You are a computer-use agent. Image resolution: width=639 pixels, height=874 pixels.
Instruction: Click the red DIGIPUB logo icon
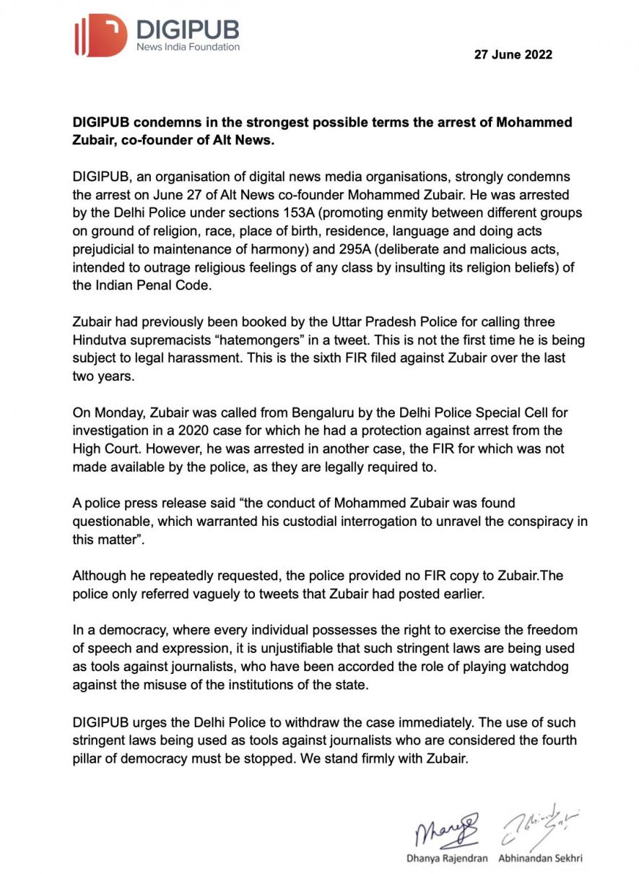click(x=100, y=35)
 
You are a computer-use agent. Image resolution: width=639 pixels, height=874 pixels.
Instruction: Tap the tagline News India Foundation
click(x=188, y=47)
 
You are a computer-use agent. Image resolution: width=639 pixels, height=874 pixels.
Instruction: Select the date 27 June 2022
click(x=513, y=54)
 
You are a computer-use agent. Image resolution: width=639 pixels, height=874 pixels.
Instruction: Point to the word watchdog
click(x=533, y=667)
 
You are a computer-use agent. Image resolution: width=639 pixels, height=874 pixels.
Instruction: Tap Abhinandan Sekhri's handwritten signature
click(x=542, y=825)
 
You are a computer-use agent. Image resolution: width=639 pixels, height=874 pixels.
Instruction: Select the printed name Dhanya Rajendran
click(x=447, y=859)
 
